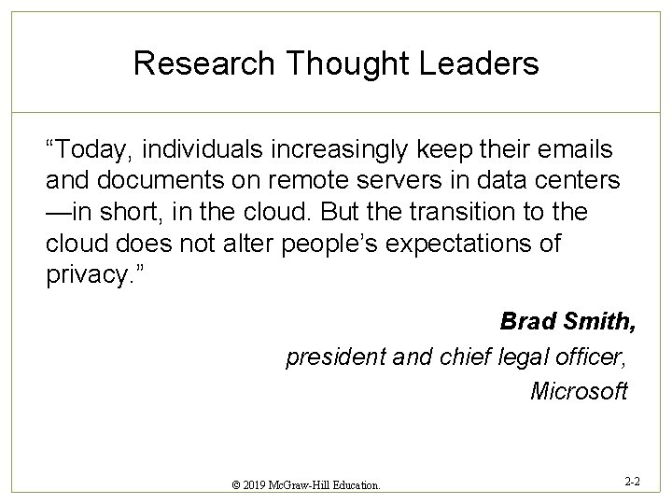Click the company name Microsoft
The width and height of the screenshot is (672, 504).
click(x=579, y=391)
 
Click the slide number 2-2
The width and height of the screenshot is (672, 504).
click(x=632, y=482)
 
